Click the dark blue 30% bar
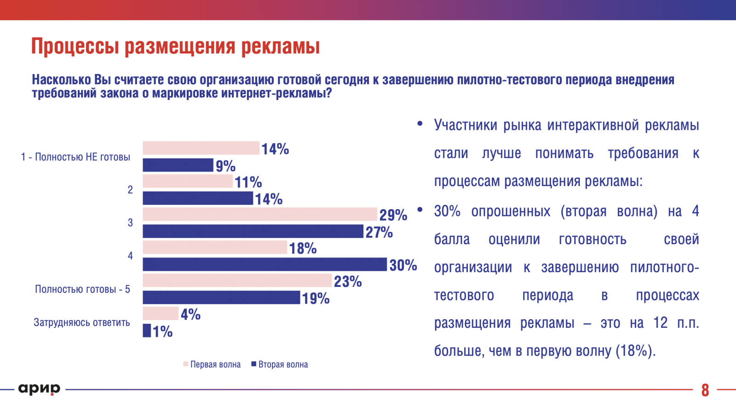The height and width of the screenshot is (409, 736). [x=264, y=264]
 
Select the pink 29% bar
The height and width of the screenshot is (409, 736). [x=260, y=214]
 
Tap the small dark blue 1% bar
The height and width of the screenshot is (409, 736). [x=147, y=331]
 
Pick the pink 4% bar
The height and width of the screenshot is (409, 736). [x=161, y=314]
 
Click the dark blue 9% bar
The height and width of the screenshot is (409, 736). [x=178, y=165]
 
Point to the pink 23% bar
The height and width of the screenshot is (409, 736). [x=237, y=280]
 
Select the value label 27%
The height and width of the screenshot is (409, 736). [x=379, y=232]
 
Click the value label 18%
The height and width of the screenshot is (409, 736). [x=303, y=248]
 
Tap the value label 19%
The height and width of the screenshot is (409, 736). [x=316, y=298]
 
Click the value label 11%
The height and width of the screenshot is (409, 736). [x=248, y=182]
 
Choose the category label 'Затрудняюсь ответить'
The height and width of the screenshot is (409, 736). [x=82, y=322]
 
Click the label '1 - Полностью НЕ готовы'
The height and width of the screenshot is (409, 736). [x=75, y=157]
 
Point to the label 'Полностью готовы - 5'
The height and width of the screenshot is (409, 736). [x=83, y=289]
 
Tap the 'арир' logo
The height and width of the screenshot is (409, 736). [x=39, y=389]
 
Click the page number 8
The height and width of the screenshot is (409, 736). [x=705, y=390]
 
